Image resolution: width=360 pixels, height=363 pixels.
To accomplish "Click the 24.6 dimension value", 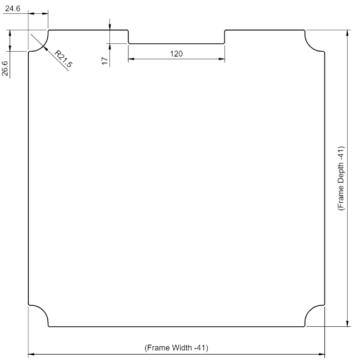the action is pyautogui.click(x=13, y=8).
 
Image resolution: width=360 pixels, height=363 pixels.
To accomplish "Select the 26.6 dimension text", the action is pyautogui.click(x=5, y=68).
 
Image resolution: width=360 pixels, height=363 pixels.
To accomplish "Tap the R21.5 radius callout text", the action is pyautogui.click(x=63, y=59).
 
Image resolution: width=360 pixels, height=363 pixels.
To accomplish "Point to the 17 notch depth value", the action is pyautogui.click(x=105, y=61).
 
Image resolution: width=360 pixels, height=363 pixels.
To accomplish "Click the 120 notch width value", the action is pyautogui.click(x=176, y=54).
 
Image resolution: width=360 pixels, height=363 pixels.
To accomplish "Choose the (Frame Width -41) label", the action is pyautogui.click(x=176, y=348).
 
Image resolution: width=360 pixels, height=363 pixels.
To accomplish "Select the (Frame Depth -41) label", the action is pyautogui.click(x=341, y=178).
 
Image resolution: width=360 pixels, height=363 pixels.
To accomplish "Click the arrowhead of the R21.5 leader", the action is pyautogui.click(x=46, y=47).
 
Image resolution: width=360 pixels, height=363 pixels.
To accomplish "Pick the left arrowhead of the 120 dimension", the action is pyautogui.click(x=131, y=59).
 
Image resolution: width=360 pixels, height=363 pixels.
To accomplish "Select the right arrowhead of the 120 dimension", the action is pyautogui.click(x=222, y=59).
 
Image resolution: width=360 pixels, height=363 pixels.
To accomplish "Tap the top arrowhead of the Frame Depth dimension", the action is pyautogui.click(x=347, y=33).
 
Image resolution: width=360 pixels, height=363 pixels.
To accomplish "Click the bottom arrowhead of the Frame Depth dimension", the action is pyautogui.click(x=347, y=323).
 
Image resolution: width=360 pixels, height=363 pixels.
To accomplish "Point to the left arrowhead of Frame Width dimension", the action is pyautogui.click(x=32, y=354).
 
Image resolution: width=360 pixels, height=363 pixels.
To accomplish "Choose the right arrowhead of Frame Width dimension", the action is pyautogui.click(x=322, y=354).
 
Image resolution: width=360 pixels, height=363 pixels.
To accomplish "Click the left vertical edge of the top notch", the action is pyautogui.click(x=128, y=37).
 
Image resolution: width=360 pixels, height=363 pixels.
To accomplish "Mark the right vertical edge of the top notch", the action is pyautogui.click(x=224, y=37).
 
